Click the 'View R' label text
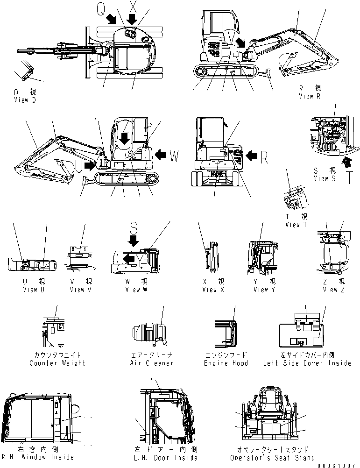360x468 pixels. pos(309,96)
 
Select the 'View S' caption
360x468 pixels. pos(324,178)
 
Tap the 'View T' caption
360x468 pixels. pos(296,225)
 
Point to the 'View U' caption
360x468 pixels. pos(33,290)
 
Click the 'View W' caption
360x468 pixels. pos(136,290)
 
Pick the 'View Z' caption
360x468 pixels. pos(333,290)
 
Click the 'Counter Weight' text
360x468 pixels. pos(57,363)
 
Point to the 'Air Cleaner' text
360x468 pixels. pos(152,363)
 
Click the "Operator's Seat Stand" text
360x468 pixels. pos(272,458)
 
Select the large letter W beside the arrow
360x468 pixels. pos(173,156)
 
